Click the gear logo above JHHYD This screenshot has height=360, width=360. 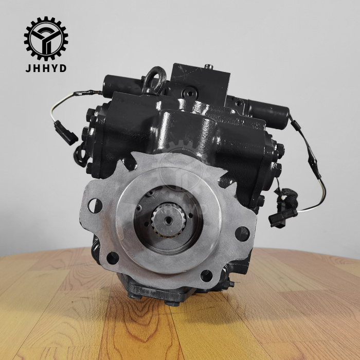[46, 39]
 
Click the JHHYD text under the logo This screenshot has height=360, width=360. [46, 68]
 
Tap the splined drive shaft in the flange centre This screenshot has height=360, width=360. [168, 220]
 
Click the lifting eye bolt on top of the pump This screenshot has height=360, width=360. [154, 80]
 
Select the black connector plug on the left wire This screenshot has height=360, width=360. [66, 133]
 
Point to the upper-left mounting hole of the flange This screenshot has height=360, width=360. [95, 206]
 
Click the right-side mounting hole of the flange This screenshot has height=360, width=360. [242, 234]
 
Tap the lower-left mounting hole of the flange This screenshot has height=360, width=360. [113, 258]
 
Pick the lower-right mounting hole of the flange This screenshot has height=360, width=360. [206, 276]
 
